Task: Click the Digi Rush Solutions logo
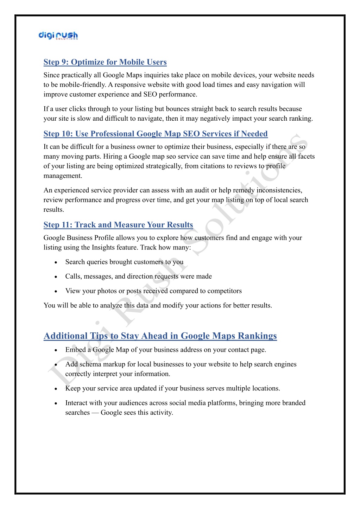[58, 36]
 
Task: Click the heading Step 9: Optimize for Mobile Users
[105, 62]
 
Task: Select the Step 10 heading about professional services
[156, 134]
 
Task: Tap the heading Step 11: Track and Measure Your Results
[118, 225]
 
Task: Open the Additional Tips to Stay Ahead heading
[160, 336]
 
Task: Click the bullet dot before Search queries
[56, 262]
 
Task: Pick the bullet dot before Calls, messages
[56, 277]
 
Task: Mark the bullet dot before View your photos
[56, 292]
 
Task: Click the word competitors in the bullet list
[224, 291]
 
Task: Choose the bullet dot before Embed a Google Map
[56, 350]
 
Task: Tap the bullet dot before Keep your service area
[56, 389]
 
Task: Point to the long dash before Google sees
[95, 413]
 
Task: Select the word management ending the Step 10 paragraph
[62, 176]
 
